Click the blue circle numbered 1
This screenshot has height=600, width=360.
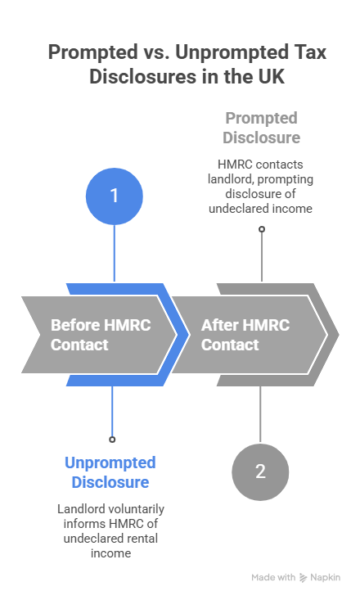(x=115, y=196)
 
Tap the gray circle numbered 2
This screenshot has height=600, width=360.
(x=260, y=472)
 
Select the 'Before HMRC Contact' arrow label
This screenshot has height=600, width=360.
(x=89, y=334)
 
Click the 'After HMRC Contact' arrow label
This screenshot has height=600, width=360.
(x=245, y=334)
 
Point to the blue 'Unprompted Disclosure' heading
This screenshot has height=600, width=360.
(x=110, y=472)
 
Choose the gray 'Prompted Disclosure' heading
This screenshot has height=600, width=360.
(x=262, y=127)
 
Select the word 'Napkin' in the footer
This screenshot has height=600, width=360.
(x=326, y=578)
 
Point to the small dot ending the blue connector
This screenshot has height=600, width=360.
(x=113, y=439)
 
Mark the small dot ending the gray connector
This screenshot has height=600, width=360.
(x=262, y=229)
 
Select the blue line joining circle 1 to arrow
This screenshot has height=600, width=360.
(x=115, y=254)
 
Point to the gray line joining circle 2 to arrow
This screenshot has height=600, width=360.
(x=260, y=413)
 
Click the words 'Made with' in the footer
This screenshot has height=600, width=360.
(x=273, y=578)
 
